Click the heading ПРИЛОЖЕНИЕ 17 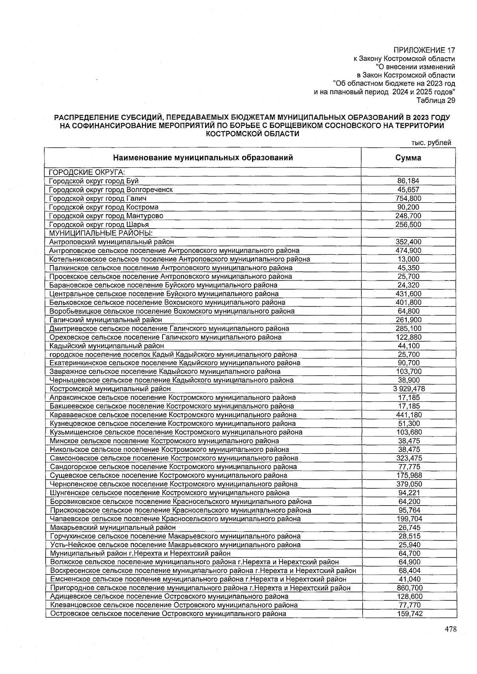(x=424, y=50)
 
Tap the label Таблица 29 (x=435, y=100)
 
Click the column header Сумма (x=408, y=158)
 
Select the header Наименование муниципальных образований (x=203, y=158)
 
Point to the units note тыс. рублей (x=432, y=143)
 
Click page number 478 (x=450, y=629)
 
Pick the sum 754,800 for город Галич (x=408, y=199)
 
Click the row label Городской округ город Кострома (x=104, y=207)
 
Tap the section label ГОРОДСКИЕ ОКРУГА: (x=87, y=172)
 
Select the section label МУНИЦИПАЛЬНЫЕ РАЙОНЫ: (x=101, y=233)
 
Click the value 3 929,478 (x=408, y=389)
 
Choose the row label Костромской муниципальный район (x=110, y=389)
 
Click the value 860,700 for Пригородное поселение (x=409, y=588)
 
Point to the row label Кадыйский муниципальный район (x=107, y=346)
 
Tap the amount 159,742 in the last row (x=409, y=614)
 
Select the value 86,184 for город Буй (x=408, y=181)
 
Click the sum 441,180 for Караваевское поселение (x=409, y=415)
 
